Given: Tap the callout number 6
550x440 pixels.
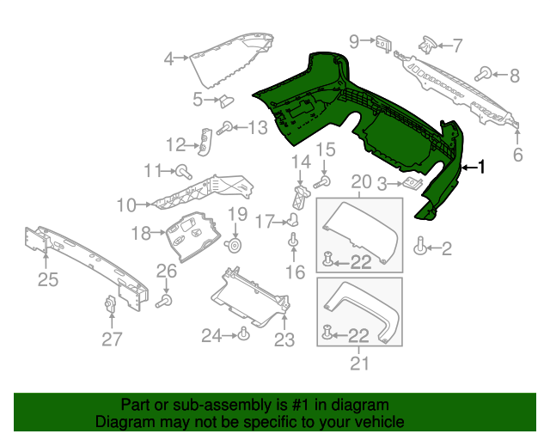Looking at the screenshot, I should pos(517,156).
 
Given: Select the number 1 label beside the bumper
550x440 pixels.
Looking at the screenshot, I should pos(481,168).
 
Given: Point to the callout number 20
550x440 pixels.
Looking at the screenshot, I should pos(361,181).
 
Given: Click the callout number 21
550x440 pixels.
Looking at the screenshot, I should pos(360,363).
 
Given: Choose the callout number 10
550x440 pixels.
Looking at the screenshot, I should pos(126,205).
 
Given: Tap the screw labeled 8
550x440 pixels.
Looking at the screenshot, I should pos(486,73).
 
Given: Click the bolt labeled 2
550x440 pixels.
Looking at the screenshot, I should pos(420,246).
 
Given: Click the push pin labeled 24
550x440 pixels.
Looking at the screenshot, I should pos(244,333).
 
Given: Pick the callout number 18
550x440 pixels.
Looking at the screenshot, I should pos(141,232).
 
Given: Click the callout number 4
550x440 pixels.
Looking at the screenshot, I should pos(170,58).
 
